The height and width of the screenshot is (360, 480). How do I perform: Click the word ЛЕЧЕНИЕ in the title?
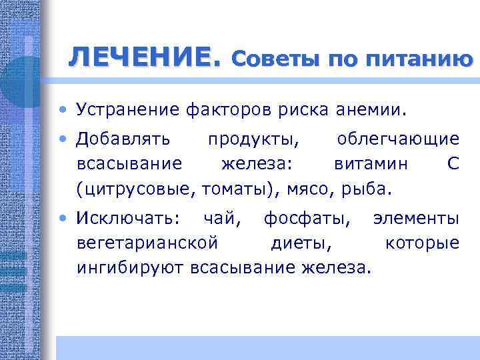point(143,58)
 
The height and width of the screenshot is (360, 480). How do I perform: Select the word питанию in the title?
point(420,60)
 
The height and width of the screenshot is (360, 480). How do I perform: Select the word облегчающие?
point(398,139)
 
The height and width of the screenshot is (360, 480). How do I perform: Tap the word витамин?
point(364,164)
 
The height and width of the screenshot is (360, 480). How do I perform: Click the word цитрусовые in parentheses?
point(136,189)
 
